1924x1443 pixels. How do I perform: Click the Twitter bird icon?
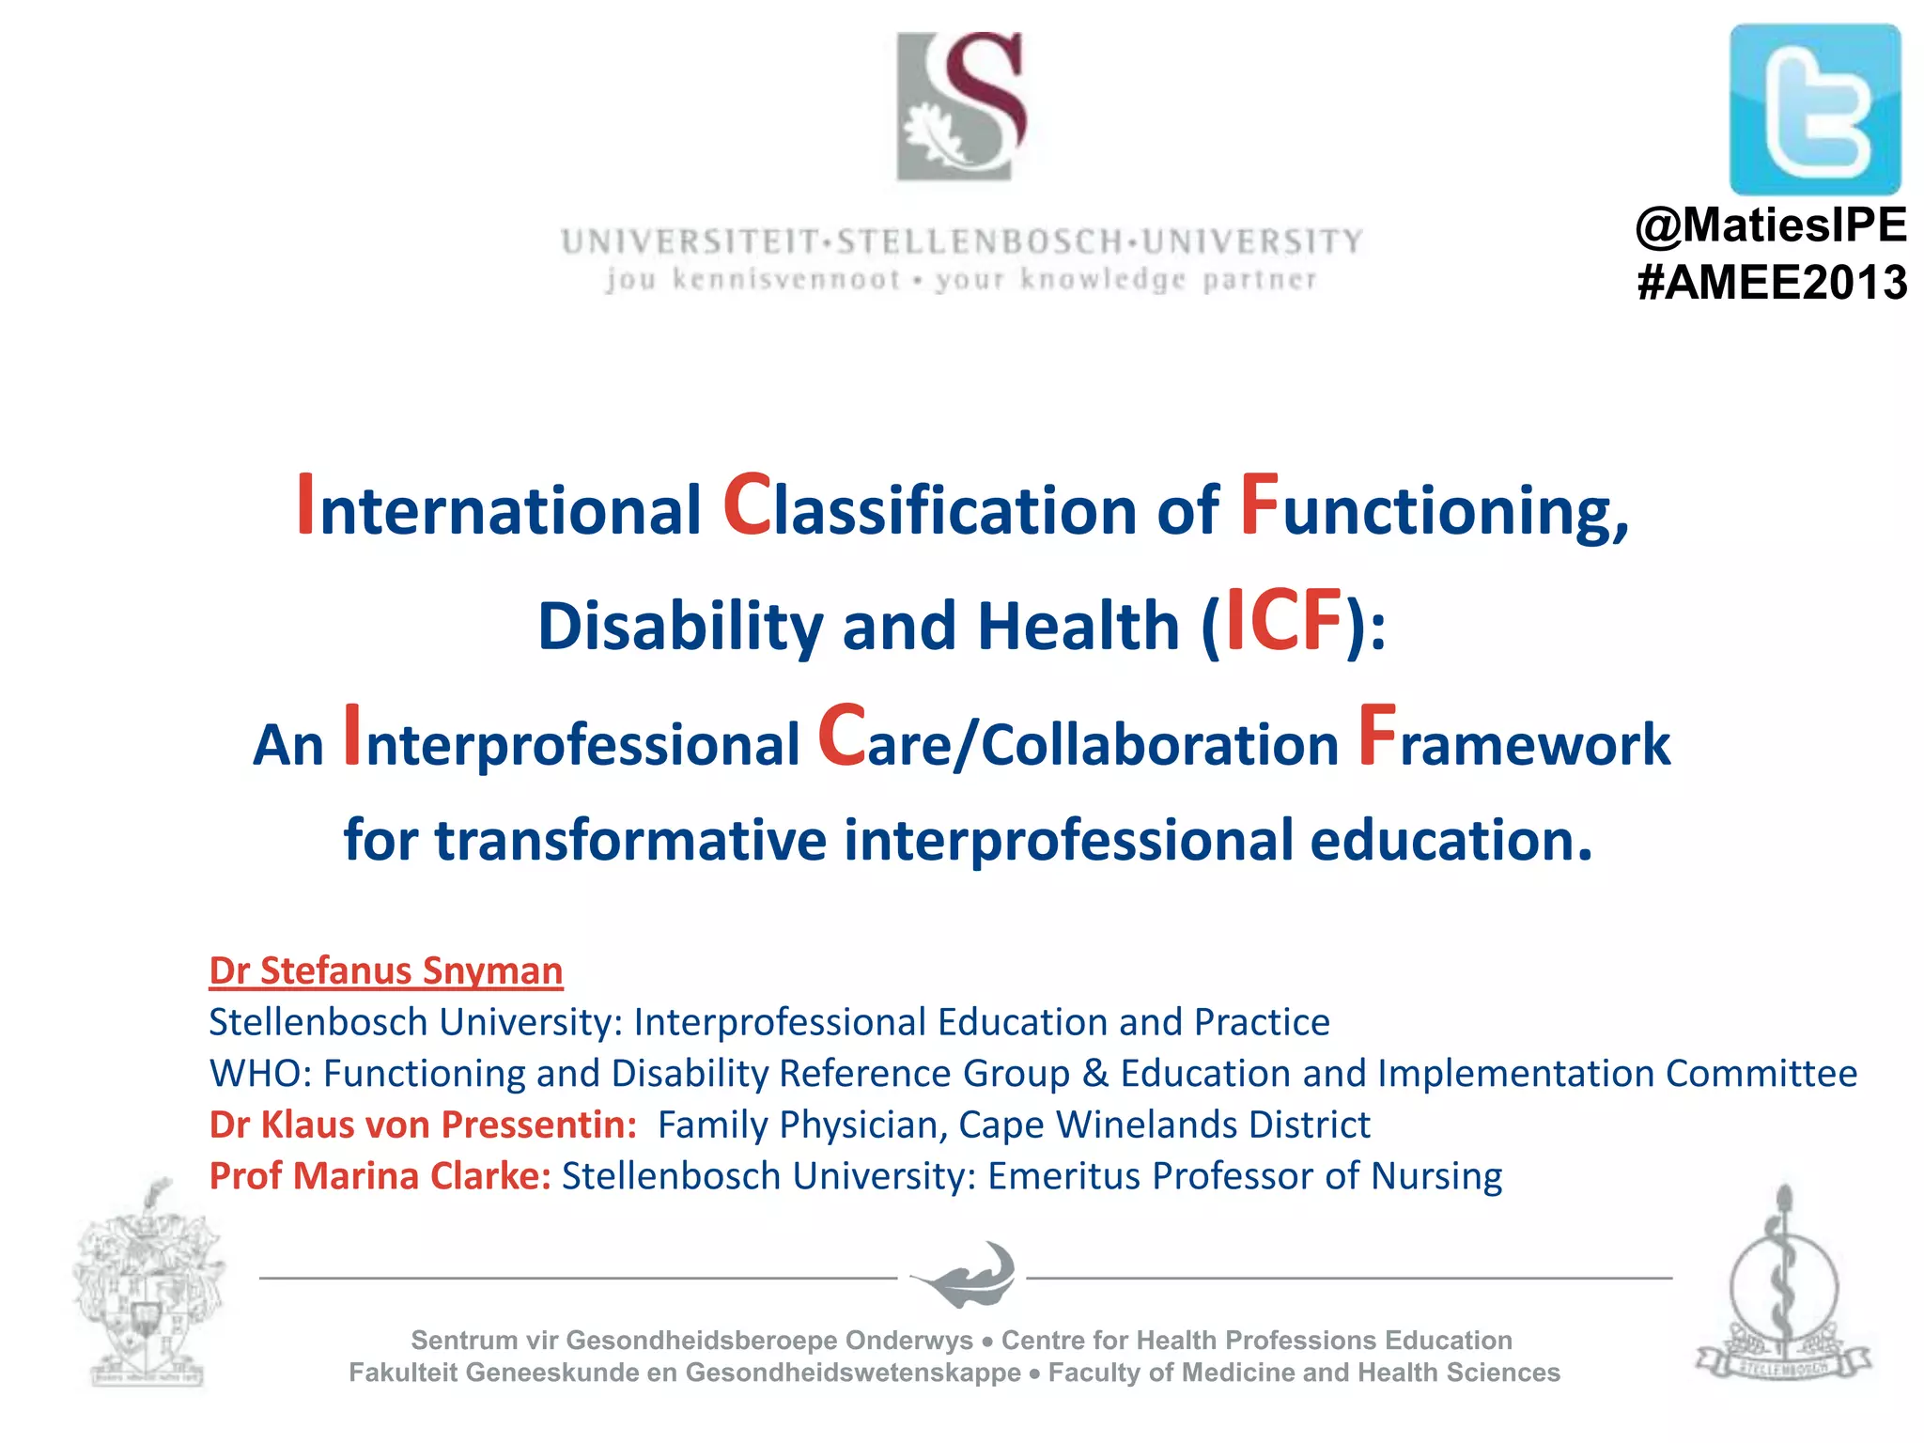click(x=1814, y=110)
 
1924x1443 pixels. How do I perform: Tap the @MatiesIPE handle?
click(x=1771, y=225)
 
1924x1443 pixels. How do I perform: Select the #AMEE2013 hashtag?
click(x=1771, y=283)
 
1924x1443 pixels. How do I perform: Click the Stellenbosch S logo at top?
click(x=960, y=106)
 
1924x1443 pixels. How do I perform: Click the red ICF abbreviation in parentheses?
click(x=1283, y=621)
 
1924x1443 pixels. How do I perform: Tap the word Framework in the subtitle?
click(x=1514, y=742)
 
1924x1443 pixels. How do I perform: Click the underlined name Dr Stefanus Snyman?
click(x=385, y=971)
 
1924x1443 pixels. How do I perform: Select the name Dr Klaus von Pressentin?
click(x=423, y=1125)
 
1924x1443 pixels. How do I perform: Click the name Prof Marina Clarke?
click(x=380, y=1176)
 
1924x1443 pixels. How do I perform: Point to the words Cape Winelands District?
click(x=1164, y=1125)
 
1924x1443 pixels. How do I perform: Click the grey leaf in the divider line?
click(x=963, y=1275)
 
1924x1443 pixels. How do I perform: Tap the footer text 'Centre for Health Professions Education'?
click(x=1256, y=1340)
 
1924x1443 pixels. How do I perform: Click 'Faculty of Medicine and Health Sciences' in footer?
click(x=1303, y=1373)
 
